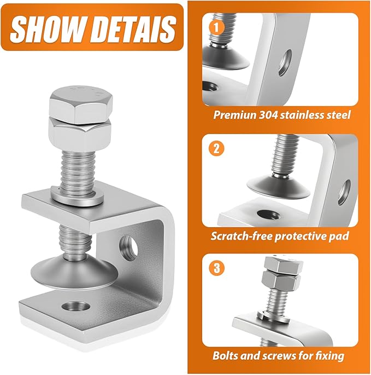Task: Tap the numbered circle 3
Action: [x=215, y=268]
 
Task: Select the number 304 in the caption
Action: [x=272, y=116]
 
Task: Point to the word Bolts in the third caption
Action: [x=227, y=356]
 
